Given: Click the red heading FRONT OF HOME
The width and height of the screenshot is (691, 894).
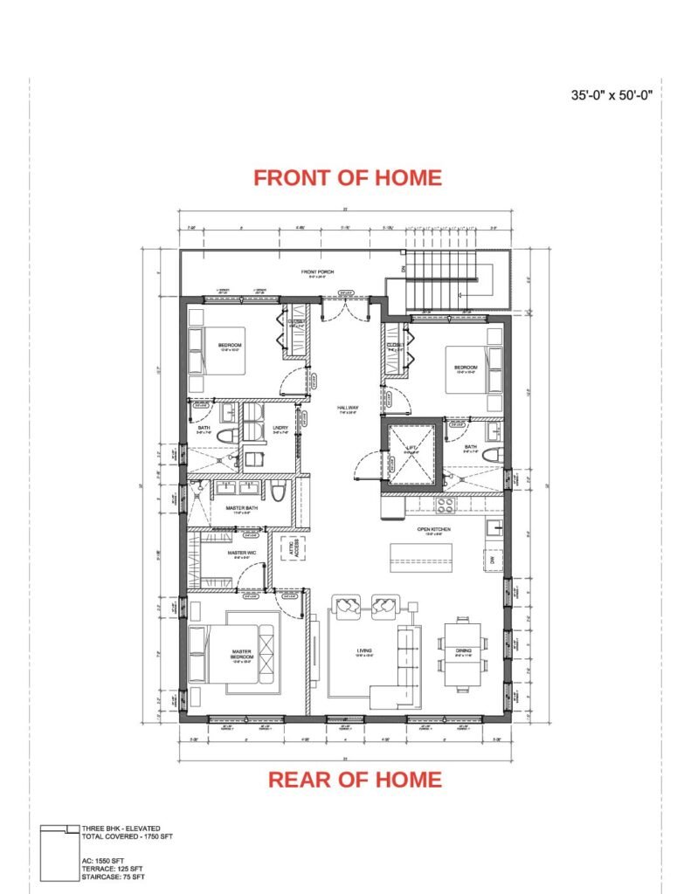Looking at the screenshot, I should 348,177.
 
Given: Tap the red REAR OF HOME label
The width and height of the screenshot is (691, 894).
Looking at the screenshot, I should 354,779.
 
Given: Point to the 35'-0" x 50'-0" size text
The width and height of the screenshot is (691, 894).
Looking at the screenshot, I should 612,96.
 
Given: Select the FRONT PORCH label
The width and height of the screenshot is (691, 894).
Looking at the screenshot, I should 318,272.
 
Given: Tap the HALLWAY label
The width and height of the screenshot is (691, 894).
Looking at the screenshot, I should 348,409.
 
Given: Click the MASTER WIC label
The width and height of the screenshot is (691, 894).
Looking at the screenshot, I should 241,553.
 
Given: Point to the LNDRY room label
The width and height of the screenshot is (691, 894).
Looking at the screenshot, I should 255,428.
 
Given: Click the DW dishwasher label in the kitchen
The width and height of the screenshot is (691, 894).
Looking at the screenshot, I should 491,558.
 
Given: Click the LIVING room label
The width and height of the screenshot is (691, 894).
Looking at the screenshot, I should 364,651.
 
